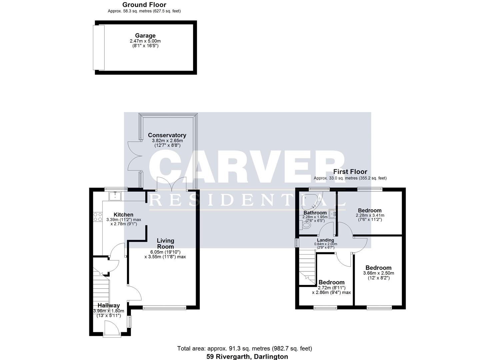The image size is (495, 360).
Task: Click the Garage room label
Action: (145, 36)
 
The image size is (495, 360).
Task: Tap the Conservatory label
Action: (167, 135)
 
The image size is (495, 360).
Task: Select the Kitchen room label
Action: (123, 215)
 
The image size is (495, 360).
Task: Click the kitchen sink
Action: (115, 195)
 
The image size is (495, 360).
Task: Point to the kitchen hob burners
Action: (98, 217)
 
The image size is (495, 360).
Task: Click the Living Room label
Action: (165, 243)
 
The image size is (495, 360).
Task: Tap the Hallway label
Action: (108, 305)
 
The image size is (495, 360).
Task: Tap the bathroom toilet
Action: (305, 226)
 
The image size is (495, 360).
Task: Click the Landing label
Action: (325, 240)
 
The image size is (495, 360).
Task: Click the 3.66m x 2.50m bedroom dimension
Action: (378, 273)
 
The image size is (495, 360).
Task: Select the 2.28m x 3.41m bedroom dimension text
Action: (370, 215)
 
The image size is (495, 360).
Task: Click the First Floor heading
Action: (350, 172)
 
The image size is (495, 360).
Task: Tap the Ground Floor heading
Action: (144, 5)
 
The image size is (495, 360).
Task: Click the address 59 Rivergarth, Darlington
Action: (247, 356)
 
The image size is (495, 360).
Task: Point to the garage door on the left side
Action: (99, 47)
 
